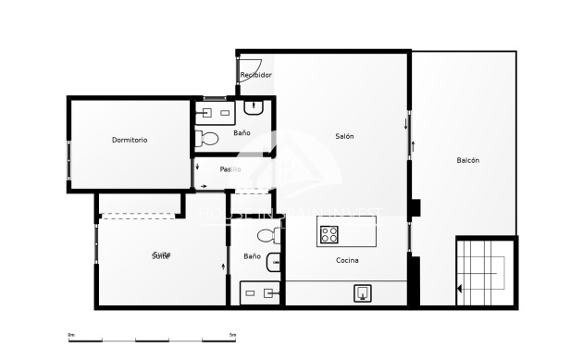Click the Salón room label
pyautogui.click(x=344, y=136)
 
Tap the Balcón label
pyautogui.click(x=467, y=160)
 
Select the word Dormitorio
pyautogui.click(x=130, y=140)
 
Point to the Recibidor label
pyautogui.click(x=255, y=75)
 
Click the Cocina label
pyautogui.click(x=347, y=260)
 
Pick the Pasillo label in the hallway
pyautogui.click(x=230, y=169)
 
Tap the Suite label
pyautogui.click(x=161, y=254)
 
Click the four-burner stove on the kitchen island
pyautogui.click(x=329, y=234)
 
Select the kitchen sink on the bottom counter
pyautogui.click(x=363, y=293)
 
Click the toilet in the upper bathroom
pyautogui.click(x=207, y=139)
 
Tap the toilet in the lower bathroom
pyautogui.click(x=267, y=235)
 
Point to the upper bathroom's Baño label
pyautogui.click(x=242, y=132)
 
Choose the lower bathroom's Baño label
pyautogui.click(x=252, y=255)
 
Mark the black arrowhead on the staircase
pyautogui.click(x=460, y=289)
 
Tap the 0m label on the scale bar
pyautogui.click(x=71, y=334)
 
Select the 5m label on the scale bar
pyautogui.click(x=232, y=334)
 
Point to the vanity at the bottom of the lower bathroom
pyautogui.click(x=259, y=293)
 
